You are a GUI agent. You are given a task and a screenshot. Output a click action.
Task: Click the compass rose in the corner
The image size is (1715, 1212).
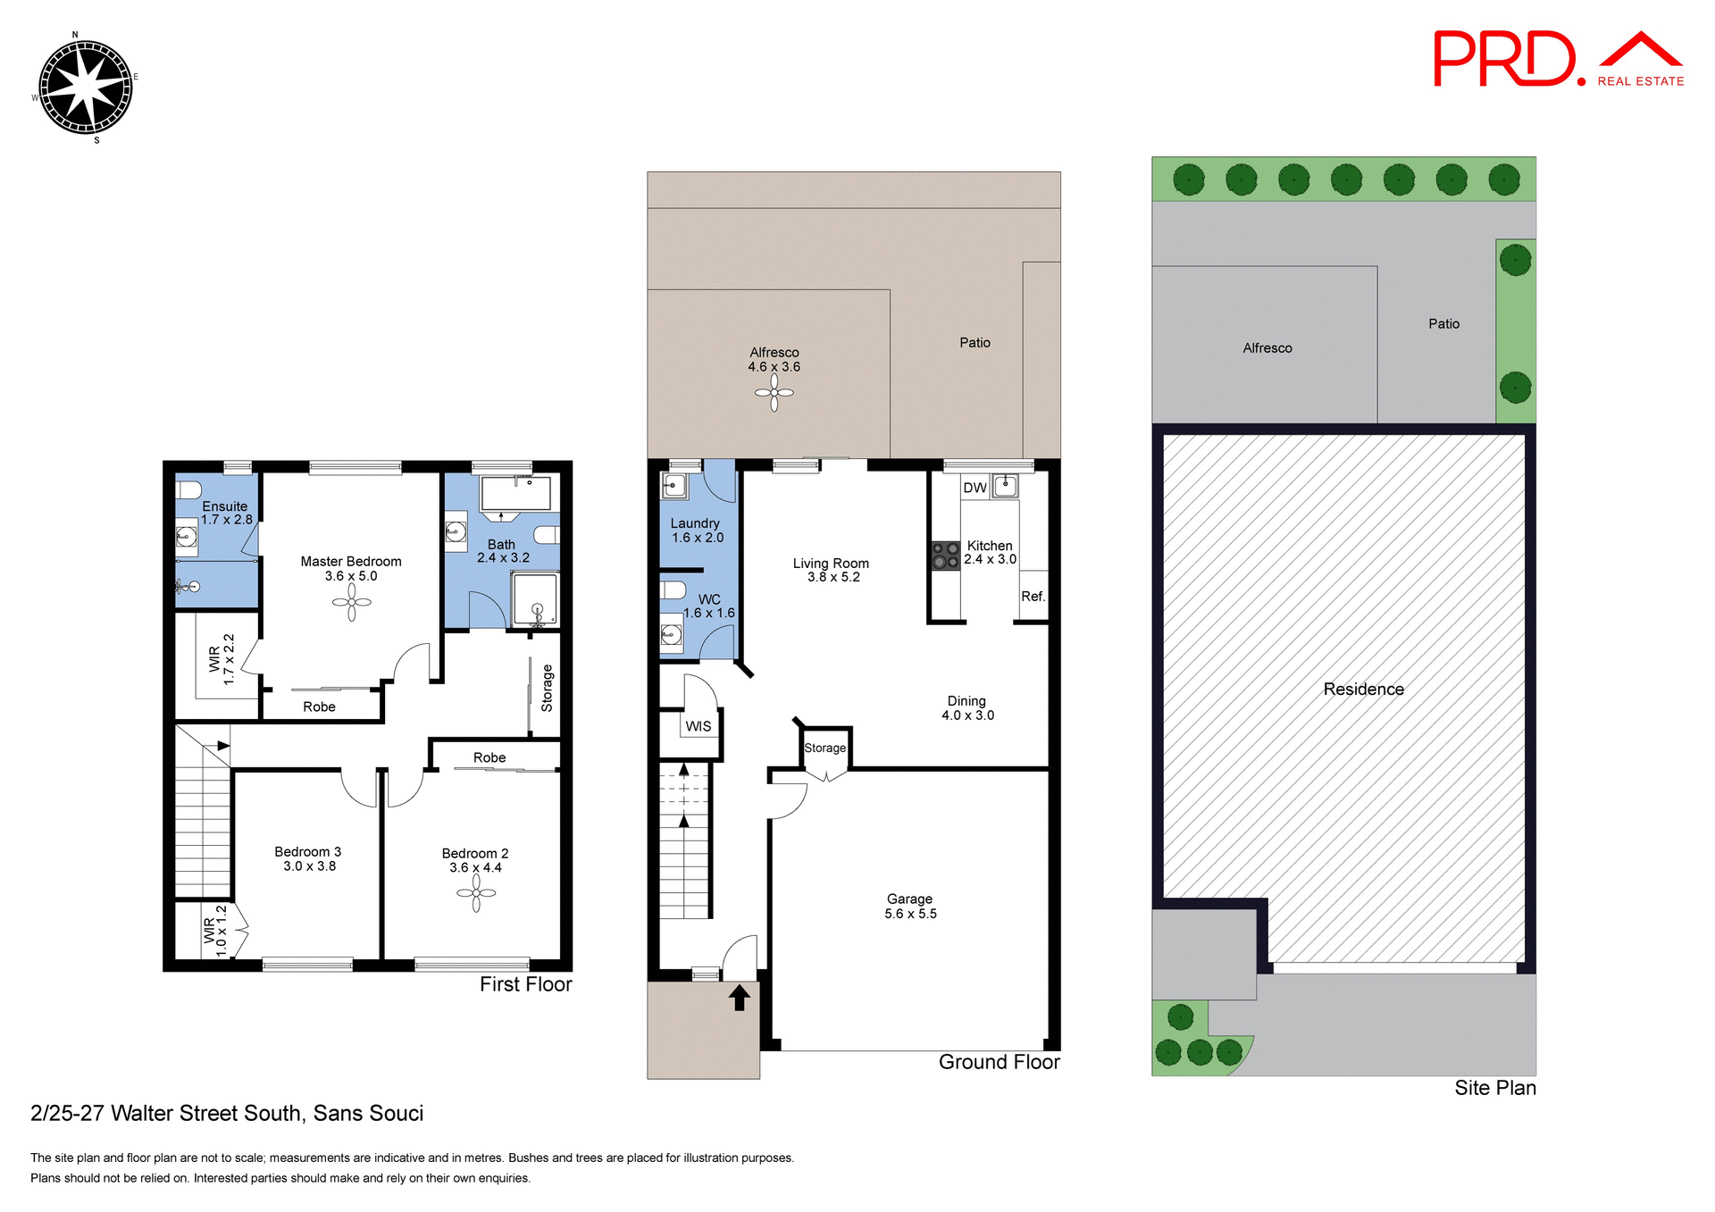(86, 88)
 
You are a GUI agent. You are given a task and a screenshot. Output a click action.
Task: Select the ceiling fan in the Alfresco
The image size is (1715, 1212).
(774, 393)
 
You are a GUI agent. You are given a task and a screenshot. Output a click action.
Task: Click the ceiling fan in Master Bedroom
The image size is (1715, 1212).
(351, 603)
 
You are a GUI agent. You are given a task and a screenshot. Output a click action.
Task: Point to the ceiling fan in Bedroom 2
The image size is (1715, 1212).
(476, 893)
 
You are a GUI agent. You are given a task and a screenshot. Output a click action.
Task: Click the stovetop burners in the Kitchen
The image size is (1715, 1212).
(945, 556)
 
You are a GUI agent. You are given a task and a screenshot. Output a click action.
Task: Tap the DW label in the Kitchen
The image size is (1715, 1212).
(975, 488)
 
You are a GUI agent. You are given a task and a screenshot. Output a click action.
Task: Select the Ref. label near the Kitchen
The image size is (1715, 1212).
(1033, 597)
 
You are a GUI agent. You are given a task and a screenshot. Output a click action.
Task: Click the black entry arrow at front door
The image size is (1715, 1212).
(739, 998)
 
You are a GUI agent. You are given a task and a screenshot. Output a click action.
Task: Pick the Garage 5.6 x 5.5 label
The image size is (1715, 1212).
(910, 906)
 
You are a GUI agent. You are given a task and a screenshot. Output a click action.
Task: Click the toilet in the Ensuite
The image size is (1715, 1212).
(188, 489)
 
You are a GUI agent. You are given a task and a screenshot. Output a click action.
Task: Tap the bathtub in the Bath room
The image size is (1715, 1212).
(515, 493)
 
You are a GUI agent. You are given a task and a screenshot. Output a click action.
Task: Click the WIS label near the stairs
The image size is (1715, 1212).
(699, 726)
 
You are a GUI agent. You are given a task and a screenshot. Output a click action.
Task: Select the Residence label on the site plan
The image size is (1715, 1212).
(1363, 689)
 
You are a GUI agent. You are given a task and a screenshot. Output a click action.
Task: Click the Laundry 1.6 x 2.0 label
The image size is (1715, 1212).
(697, 530)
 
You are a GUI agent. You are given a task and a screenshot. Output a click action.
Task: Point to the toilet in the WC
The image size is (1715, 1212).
(673, 589)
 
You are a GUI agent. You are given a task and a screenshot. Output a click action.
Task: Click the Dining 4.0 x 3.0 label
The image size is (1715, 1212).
(967, 707)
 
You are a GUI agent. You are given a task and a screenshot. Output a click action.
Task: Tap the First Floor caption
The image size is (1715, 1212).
(525, 983)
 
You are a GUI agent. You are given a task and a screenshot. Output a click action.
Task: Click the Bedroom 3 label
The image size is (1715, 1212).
(308, 858)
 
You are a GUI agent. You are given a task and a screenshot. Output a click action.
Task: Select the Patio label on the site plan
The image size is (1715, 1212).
(1443, 323)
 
